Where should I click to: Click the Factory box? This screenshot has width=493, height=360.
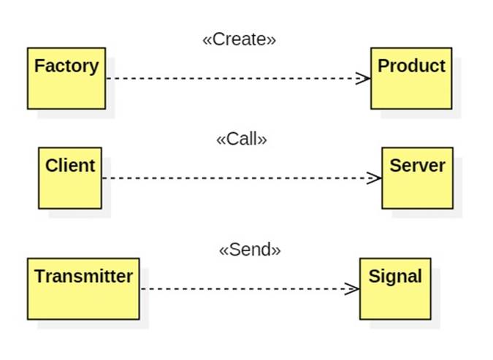click(66, 78)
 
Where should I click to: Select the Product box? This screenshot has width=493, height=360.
click(411, 78)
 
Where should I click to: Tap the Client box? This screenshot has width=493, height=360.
click(70, 178)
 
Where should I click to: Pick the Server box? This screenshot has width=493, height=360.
click(418, 178)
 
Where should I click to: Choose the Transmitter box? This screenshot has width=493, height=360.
click(83, 289)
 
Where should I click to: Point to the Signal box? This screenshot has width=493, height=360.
click(395, 289)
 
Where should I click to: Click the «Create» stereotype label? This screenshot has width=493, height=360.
click(240, 39)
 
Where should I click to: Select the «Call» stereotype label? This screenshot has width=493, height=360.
click(242, 139)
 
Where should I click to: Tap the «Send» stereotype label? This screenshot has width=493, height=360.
click(250, 250)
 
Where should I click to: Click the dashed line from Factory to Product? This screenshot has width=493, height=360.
click(238, 78)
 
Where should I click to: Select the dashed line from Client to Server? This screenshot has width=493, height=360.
click(242, 178)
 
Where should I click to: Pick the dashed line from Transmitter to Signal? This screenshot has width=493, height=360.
click(250, 289)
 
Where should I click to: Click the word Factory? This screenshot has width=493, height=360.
click(66, 66)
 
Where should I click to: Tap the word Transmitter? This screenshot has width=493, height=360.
click(83, 276)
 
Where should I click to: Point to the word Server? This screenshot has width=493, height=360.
click(418, 165)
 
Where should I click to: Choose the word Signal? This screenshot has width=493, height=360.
click(395, 277)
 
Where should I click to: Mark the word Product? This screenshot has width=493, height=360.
click(411, 66)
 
